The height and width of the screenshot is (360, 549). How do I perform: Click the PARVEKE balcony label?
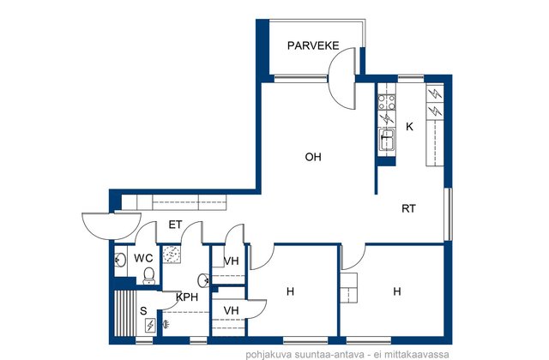click(x=313, y=45)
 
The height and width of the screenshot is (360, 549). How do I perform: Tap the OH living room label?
click(x=313, y=157)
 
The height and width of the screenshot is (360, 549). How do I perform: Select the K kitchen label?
click(x=409, y=127)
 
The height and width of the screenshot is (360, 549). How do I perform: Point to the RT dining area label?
click(x=408, y=209)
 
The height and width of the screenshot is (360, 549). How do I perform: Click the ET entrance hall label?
click(x=175, y=225)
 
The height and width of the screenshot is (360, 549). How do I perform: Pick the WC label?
click(x=143, y=258)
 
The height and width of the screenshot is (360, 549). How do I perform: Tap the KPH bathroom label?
click(x=187, y=297)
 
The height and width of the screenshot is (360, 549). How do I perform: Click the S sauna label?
click(x=143, y=311)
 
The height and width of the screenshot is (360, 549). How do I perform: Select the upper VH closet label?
click(x=231, y=261)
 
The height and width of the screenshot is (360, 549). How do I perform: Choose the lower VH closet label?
click(x=231, y=310)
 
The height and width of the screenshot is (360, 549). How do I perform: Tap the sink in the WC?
click(x=120, y=260)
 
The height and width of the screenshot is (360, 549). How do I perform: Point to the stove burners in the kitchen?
click(x=387, y=102)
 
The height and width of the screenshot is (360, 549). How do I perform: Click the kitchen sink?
click(x=387, y=139)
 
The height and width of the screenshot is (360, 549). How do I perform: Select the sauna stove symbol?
click(x=150, y=326)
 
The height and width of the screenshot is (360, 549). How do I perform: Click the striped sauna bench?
click(x=125, y=313)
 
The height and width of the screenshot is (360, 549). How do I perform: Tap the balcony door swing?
click(x=342, y=79)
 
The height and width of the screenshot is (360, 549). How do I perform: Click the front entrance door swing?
click(x=112, y=226)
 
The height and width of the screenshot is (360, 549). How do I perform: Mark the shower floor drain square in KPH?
click(x=172, y=255)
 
